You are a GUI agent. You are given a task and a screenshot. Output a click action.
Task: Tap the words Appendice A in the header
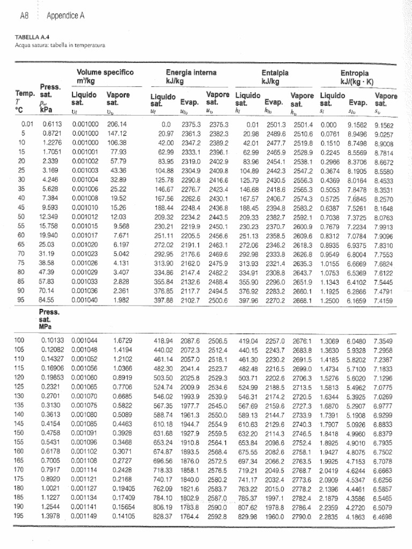coord(66,16)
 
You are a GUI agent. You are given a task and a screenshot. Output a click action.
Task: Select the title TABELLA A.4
coord(31,38)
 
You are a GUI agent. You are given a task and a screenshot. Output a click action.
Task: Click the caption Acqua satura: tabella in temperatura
coord(60,45)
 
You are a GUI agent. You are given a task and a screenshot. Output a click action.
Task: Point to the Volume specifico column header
coord(105,72)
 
